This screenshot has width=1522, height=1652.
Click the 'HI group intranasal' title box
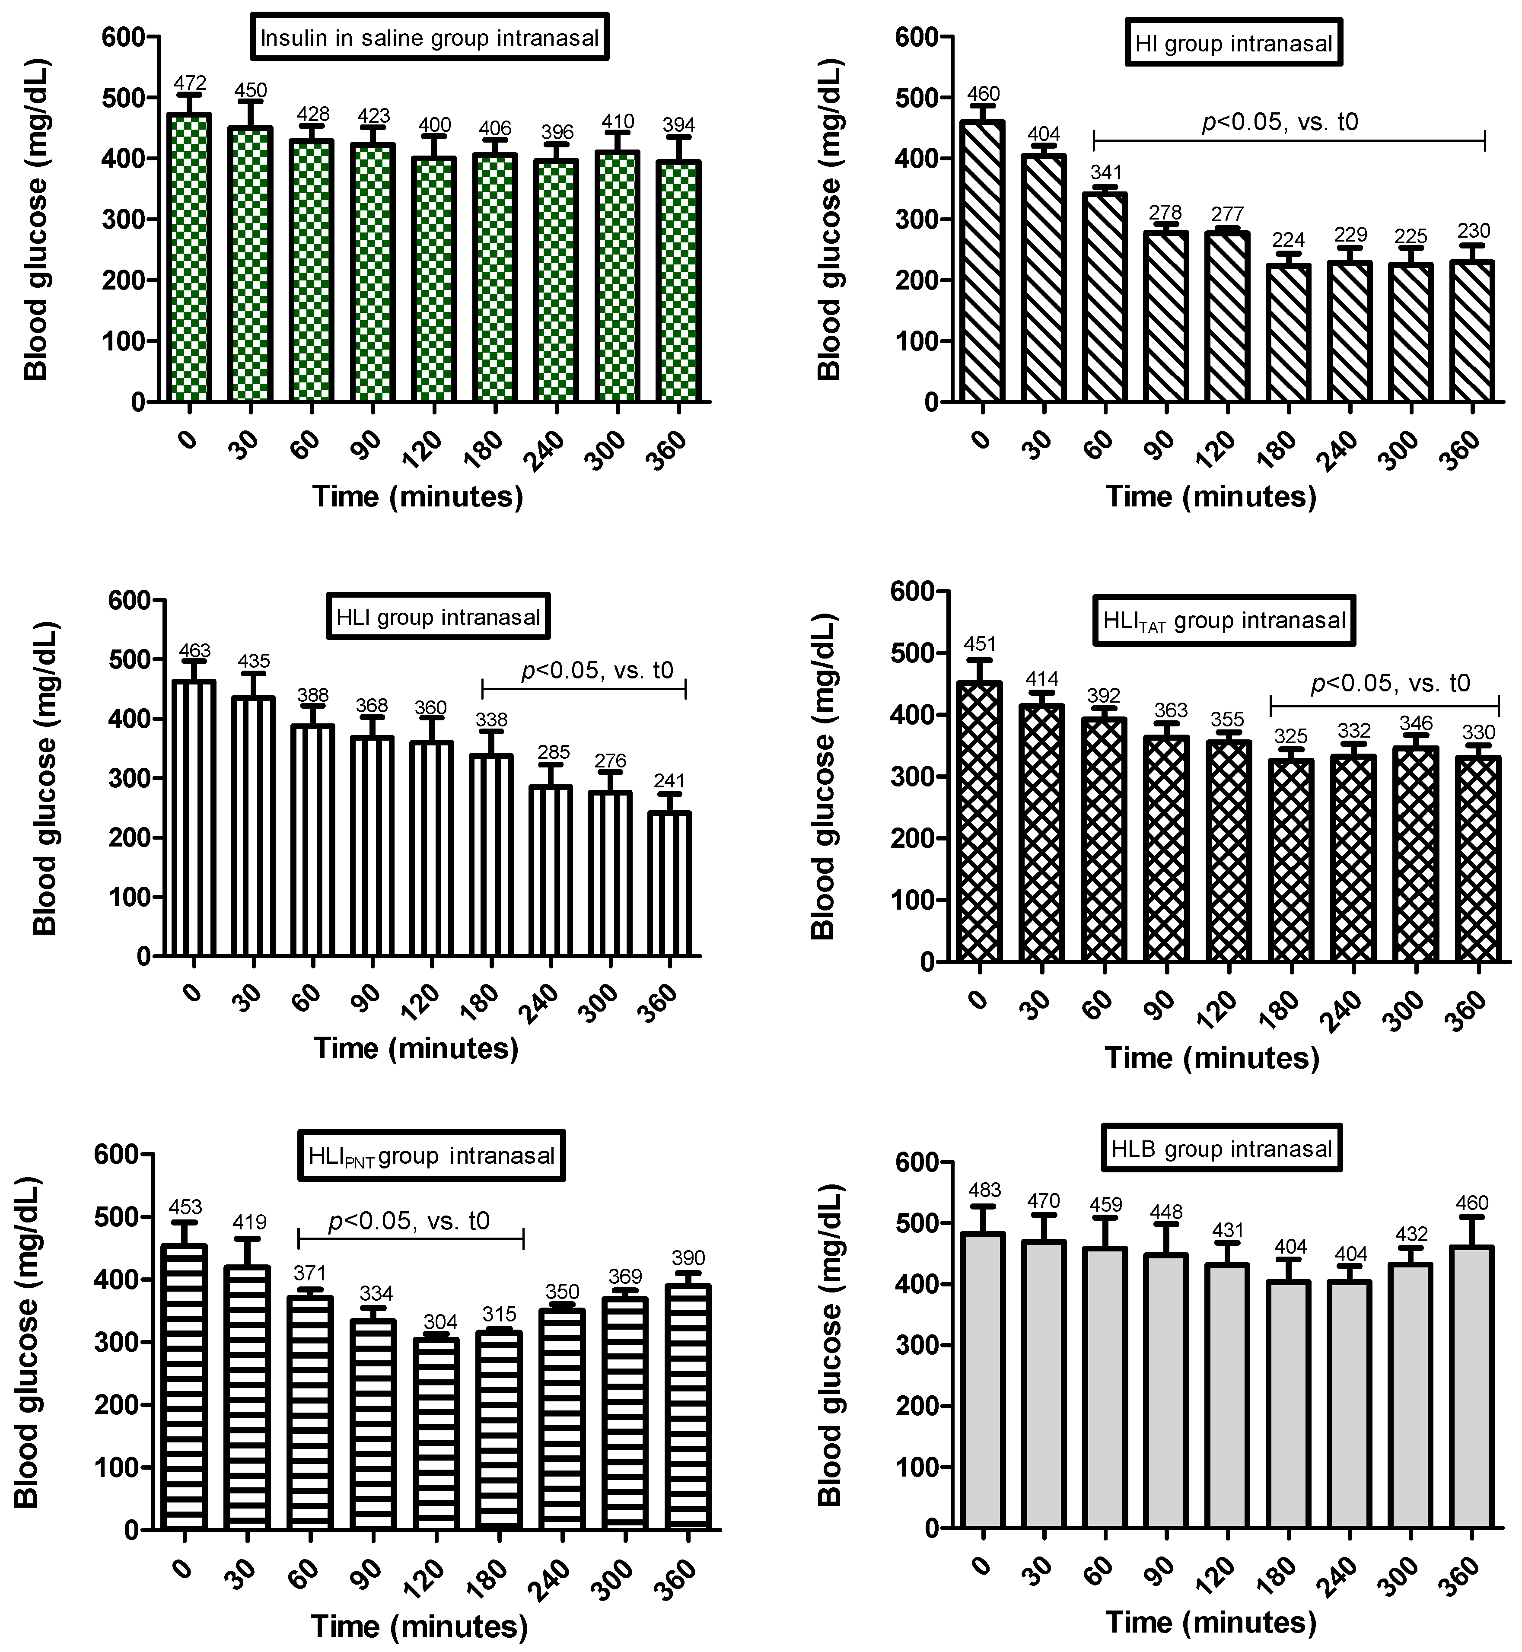click(1233, 43)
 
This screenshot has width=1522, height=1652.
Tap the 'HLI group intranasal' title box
click(438, 616)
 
